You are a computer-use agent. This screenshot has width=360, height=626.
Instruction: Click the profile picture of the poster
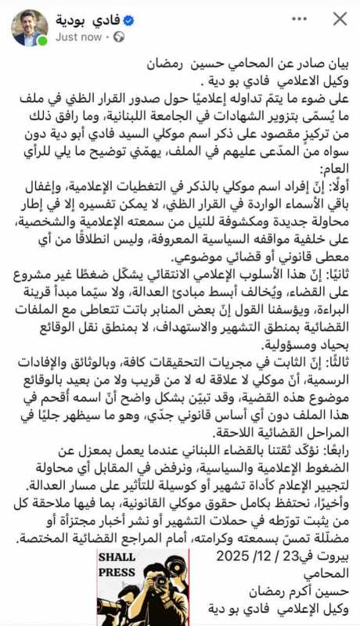pyautogui.click(x=29, y=27)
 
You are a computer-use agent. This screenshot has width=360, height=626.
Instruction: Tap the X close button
pyautogui.click(x=340, y=20)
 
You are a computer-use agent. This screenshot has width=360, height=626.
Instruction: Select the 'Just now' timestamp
pyautogui.click(x=78, y=36)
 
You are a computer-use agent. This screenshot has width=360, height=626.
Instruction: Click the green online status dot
pyautogui.click(x=42, y=40)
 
